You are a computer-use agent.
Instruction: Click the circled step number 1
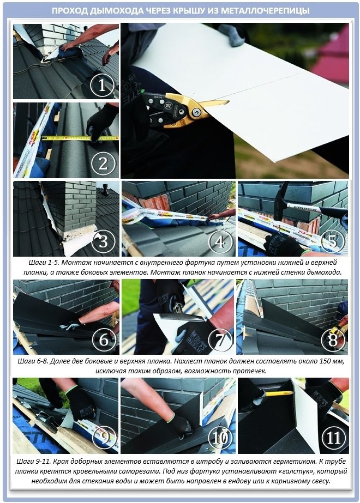tap(102, 86)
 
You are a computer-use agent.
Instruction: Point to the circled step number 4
tap(220, 241)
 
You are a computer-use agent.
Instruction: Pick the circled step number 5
tap(333, 241)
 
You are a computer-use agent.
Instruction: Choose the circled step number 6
tap(104, 340)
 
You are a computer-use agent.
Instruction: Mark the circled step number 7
tap(220, 340)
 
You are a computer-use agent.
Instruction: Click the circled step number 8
tap(333, 340)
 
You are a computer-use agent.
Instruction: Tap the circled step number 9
tap(104, 438)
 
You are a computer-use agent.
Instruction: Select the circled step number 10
tap(220, 438)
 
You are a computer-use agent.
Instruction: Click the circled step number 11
tap(333, 438)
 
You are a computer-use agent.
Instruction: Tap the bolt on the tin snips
tap(196, 112)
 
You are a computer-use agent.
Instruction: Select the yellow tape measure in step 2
tap(80, 138)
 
